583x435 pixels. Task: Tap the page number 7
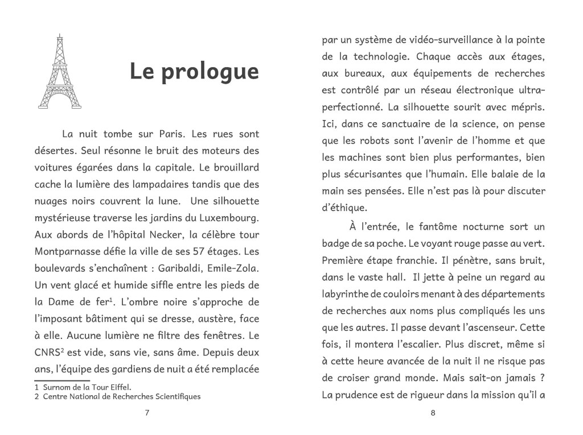(147, 413)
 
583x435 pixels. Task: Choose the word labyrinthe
(346, 294)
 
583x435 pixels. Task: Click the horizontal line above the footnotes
(62, 380)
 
